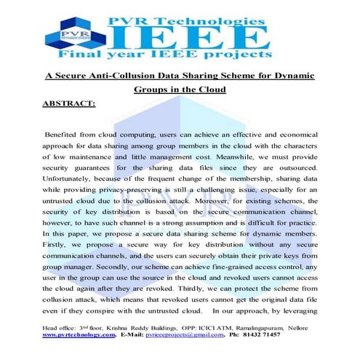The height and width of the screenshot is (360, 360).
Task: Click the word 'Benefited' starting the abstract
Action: click(65, 136)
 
